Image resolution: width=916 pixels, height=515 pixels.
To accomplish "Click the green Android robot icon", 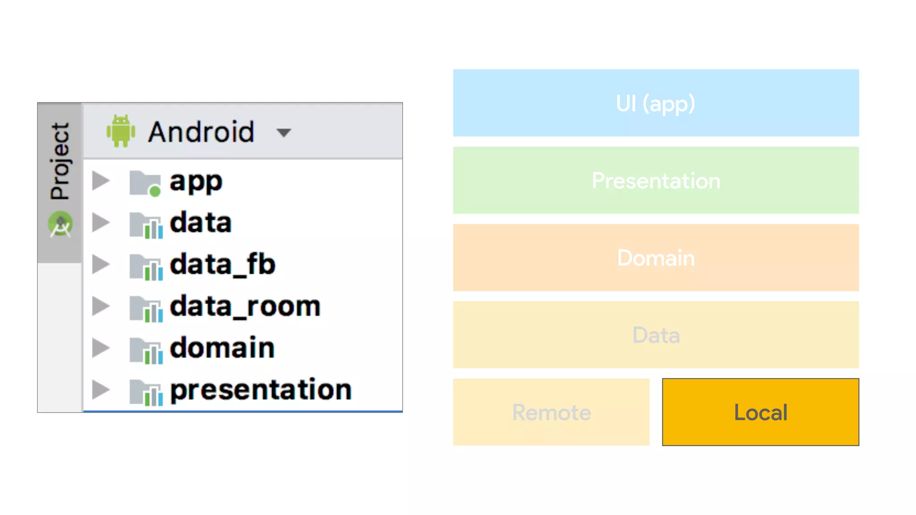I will pos(121,131).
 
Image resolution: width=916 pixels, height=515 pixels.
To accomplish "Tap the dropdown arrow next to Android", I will pos(284,132).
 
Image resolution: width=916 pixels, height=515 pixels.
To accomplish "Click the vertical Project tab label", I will pos(60,161).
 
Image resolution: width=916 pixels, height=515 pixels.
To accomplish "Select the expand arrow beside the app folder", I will pos(101,181).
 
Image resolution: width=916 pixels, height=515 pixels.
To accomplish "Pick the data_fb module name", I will pos(222,264).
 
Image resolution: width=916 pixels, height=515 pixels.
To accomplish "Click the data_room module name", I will pos(245,306).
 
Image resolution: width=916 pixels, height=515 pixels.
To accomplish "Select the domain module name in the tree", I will pos(222,348).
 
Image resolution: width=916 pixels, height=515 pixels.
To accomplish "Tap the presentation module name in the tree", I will pos(261,389).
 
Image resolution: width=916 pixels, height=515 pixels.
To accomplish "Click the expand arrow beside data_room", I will pos(101,306).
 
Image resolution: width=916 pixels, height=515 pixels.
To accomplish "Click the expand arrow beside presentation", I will pos(101,389).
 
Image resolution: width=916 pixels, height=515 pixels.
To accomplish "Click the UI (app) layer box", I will pos(656,103).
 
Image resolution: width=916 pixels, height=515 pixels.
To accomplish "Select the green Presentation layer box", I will pos(656,180).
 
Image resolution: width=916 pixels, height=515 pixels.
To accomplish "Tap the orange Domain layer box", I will pos(656,257).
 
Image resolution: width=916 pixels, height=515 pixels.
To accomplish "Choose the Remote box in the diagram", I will pos(551,412).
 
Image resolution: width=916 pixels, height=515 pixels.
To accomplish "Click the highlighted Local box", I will pos(760,412).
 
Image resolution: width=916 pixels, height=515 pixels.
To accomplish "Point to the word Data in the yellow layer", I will pos(656,335).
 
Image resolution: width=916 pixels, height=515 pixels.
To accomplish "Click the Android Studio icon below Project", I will pos(60,225).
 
